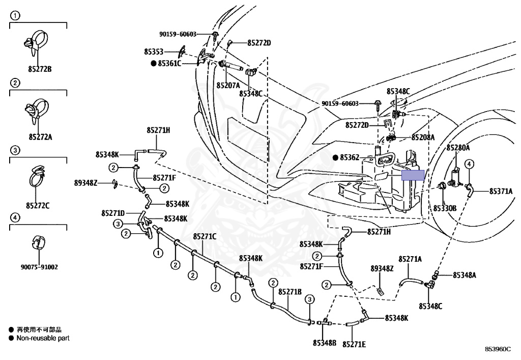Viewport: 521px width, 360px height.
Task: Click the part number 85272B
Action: (40, 69)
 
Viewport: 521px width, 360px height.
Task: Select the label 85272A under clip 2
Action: (40, 136)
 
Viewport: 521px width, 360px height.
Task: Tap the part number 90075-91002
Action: (39, 267)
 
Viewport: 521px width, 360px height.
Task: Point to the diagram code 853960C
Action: (498, 349)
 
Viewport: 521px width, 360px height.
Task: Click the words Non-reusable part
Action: (43, 338)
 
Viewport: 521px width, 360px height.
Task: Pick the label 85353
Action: (154, 51)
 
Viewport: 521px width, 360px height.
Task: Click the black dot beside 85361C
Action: (154, 63)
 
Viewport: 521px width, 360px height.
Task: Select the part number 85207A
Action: (228, 86)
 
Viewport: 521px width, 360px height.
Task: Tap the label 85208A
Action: (423, 137)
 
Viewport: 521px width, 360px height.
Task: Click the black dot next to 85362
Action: (335, 157)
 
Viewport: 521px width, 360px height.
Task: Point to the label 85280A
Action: (458, 148)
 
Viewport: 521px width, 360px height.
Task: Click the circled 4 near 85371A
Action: (469, 164)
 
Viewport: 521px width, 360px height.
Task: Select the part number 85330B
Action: (445, 208)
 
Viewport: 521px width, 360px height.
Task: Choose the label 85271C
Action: (205, 236)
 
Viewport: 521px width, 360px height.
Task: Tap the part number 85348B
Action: (325, 343)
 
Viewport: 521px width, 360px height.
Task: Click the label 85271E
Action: (354, 344)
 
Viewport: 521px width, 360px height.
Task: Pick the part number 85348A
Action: (465, 275)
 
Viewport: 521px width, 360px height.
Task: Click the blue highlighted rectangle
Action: (413, 175)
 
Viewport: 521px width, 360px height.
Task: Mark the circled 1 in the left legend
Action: (15, 15)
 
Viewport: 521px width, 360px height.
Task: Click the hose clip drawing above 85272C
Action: (37, 177)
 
